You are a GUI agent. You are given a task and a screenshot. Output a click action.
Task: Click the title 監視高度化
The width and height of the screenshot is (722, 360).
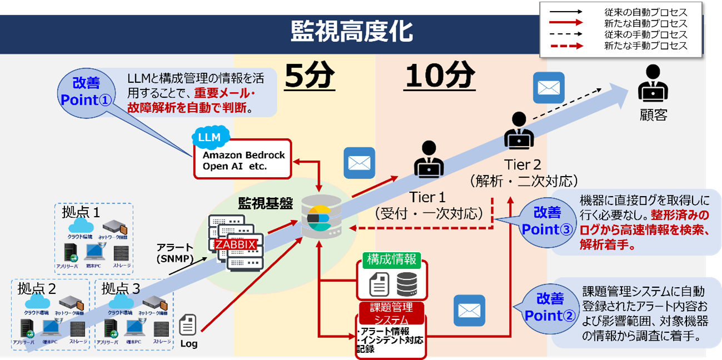click(x=351, y=32)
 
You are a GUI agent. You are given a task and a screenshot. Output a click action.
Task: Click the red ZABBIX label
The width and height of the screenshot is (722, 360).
click(x=236, y=245)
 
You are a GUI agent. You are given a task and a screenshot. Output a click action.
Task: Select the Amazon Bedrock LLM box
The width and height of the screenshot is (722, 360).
click(x=243, y=159)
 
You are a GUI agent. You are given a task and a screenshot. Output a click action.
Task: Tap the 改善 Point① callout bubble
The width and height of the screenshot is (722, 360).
click(x=86, y=92)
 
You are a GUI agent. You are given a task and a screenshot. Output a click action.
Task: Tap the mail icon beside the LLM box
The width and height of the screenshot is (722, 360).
click(x=359, y=163)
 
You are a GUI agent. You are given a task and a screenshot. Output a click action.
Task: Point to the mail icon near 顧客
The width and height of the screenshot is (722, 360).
click(x=549, y=88)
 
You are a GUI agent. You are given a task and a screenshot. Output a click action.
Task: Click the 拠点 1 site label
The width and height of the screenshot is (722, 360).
click(x=81, y=212)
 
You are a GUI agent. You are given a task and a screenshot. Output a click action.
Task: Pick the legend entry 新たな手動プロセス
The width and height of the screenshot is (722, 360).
click(x=645, y=46)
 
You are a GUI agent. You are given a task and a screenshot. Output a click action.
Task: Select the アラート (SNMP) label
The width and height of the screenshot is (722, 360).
click(x=175, y=253)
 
